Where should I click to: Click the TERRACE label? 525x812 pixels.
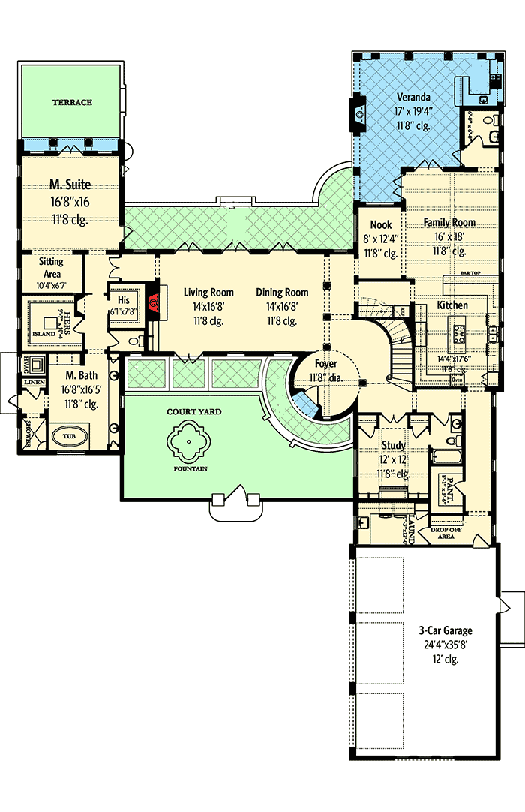pyautogui.click(x=72, y=102)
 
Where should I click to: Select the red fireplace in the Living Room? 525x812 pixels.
pyautogui.click(x=153, y=302)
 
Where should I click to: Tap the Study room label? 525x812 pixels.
pyautogui.click(x=394, y=445)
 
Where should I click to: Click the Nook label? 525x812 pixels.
pyautogui.click(x=380, y=225)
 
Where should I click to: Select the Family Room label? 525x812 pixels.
pyautogui.click(x=449, y=223)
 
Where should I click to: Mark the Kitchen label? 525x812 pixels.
pyautogui.click(x=452, y=305)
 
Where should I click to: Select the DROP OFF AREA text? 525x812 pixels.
pyautogui.click(x=447, y=533)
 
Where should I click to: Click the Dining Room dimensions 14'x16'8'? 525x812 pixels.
pyautogui.click(x=282, y=307)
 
